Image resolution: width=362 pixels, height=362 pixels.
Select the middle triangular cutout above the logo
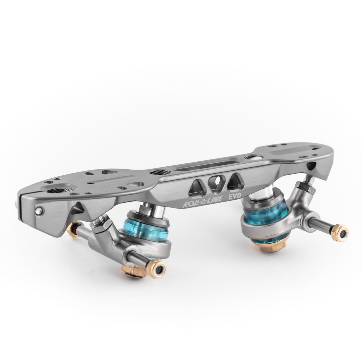click(x=214, y=184)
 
